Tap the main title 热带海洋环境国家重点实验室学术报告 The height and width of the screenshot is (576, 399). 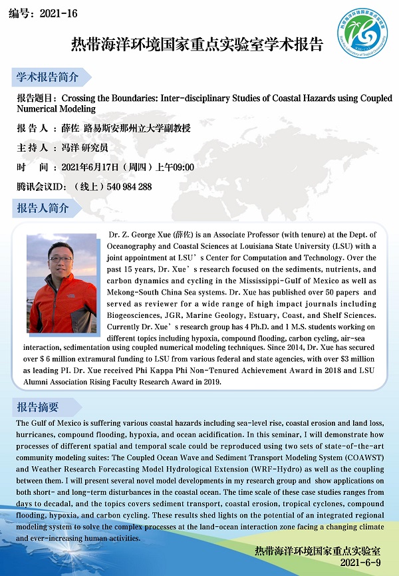pyautogui.click(x=197, y=45)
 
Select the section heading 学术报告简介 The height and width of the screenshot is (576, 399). pyautogui.click(x=47, y=77)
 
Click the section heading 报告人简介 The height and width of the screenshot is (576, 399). pyautogui.click(x=43, y=208)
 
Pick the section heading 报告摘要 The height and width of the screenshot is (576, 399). pyautogui.click(x=38, y=407)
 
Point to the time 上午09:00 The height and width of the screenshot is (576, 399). pyautogui.click(x=175, y=167)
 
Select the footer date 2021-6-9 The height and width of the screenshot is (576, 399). pyautogui.click(x=359, y=563)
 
